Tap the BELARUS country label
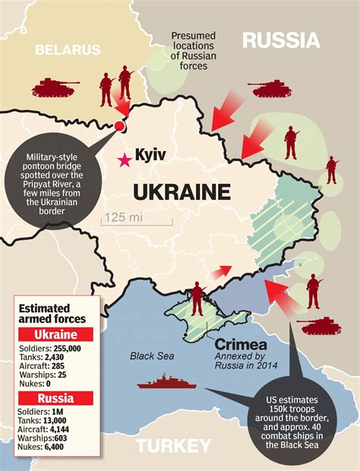pos(68,49)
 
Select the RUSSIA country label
pos(281,40)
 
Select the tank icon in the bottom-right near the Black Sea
pos(318,325)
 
